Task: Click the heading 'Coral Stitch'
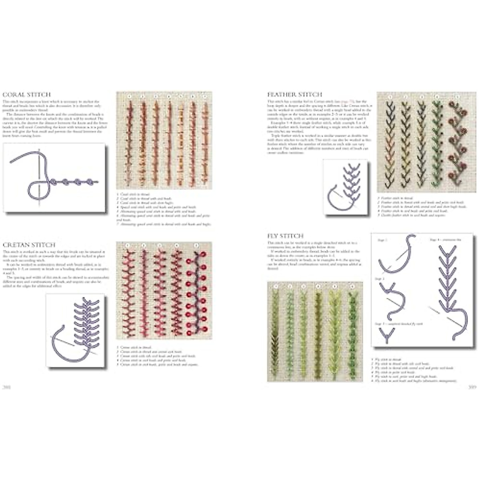pyautogui.click(x=27, y=95)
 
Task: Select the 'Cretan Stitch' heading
pyautogui.click(x=29, y=244)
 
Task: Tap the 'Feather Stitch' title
pyautogui.click(x=294, y=94)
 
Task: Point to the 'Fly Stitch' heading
pyautogui.click(x=285, y=236)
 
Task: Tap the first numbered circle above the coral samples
pyautogui.click(x=129, y=97)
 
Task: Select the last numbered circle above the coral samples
pyautogui.click(x=205, y=97)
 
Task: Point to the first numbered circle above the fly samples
pyautogui.click(x=275, y=286)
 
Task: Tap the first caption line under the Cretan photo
pyautogui.click(x=136, y=348)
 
